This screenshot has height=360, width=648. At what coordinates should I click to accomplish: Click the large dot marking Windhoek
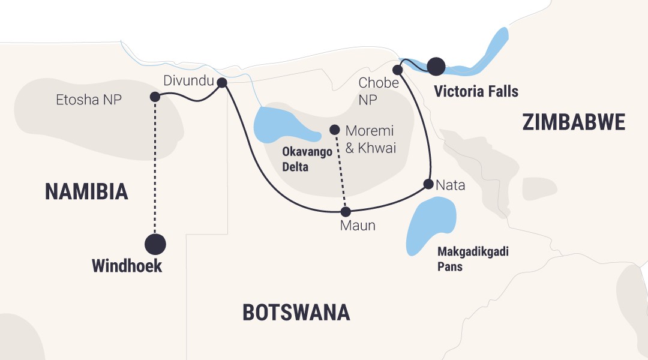[x=155, y=244]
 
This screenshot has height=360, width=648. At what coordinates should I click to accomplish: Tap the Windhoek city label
[x=127, y=266]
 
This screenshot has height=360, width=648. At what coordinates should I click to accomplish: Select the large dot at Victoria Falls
[x=436, y=65]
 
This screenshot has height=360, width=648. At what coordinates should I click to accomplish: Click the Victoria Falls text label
[x=476, y=92]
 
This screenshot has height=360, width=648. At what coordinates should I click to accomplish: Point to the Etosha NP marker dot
[x=155, y=97]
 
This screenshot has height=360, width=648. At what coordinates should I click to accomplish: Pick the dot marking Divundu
[x=221, y=83]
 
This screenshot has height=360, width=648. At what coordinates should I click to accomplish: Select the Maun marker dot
[x=345, y=211]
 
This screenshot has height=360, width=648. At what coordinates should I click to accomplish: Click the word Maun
[x=358, y=226]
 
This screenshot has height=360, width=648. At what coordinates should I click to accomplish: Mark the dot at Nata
[x=428, y=184]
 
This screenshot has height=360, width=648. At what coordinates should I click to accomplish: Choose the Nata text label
[x=451, y=185]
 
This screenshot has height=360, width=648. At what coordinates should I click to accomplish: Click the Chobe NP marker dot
[x=397, y=70]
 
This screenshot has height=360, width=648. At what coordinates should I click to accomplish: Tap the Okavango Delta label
[x=307, y=160]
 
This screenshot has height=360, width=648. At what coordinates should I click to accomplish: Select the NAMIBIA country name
[x=86, y=192]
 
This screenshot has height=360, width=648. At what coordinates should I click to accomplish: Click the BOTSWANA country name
[x=296, y=313]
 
